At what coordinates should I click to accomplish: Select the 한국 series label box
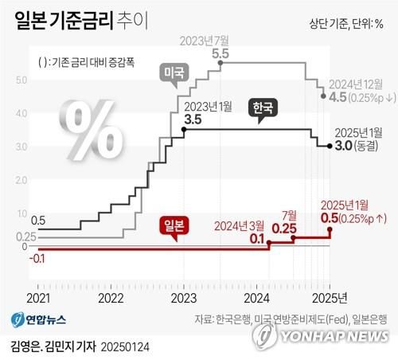click(x=262, y=108)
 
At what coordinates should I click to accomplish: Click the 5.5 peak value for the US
click(x=220, y=53)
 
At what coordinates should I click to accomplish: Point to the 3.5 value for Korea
click(x=192, y=119)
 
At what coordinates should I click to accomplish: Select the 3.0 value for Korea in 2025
click(x=342, y=145)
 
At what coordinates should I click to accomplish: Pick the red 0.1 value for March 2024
click(x=256, y=238)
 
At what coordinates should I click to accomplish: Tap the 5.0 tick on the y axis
click(x=21, y=80)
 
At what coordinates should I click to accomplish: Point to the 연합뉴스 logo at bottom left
click(x=39, y=319)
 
